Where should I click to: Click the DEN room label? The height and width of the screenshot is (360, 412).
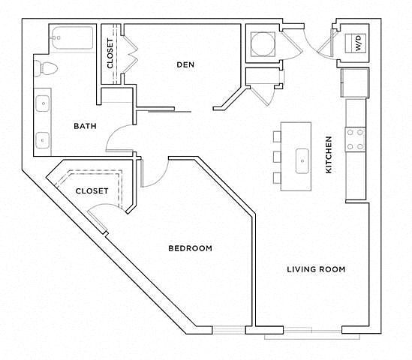click(x=185, y=64)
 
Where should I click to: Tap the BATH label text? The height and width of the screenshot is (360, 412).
click(x=85, y=126)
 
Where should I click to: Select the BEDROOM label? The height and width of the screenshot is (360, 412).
click(x=190, y=248)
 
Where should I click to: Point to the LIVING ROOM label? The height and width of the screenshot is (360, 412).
click(x=316, y=269)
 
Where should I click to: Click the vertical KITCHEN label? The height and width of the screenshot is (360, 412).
click(x=329, y=154)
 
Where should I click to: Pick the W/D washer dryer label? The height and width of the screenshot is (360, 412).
click(x=359, y=43)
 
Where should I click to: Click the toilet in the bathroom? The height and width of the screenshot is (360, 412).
click(x=46, y=68)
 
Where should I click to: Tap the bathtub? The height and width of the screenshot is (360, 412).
click(x=72, y=37)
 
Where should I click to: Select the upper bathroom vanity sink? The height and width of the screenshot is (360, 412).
click(x=43, y=103)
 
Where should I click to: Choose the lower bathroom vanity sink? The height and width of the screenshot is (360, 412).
click(x=43, y=140)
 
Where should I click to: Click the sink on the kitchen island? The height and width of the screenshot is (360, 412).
click(x=302, y=161)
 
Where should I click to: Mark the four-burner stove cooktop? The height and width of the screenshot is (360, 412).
click(x=355, y=139)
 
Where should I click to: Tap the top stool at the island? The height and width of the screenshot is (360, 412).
click(x=277, y=136)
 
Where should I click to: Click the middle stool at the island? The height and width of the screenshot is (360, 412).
click(x=277, y=157)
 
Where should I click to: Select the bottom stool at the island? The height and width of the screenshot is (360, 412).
click(x=277, y=178)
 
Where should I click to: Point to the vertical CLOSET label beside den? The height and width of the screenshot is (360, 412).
click(x=110, y=53)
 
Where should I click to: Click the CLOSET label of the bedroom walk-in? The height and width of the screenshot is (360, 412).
click(x=92, y=191)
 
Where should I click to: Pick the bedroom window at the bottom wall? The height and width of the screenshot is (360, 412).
click(x=229, y=330)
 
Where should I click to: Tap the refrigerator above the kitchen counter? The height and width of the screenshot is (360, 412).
click(x=355, y=82)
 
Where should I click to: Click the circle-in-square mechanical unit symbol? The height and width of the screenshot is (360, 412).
click(x=263, y=43)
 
